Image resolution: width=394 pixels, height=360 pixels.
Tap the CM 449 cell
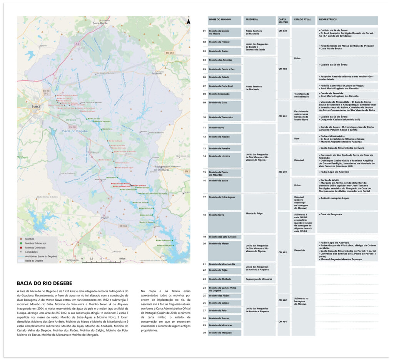(x=283, y=31)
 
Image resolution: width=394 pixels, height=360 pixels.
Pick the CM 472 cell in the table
(x=283, y=172)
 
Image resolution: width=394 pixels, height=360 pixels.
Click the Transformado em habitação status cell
(x=302, y=95)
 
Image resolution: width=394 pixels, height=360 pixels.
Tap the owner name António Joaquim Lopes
(x=334, y=198)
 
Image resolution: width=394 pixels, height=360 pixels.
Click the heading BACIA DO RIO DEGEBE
(x=44, y=283)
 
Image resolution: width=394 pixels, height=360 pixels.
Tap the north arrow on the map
(x=188, y=22)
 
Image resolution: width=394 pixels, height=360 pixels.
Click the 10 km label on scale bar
(x=122, y=258)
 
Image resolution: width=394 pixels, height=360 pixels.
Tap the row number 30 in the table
(x=204, y=333)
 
